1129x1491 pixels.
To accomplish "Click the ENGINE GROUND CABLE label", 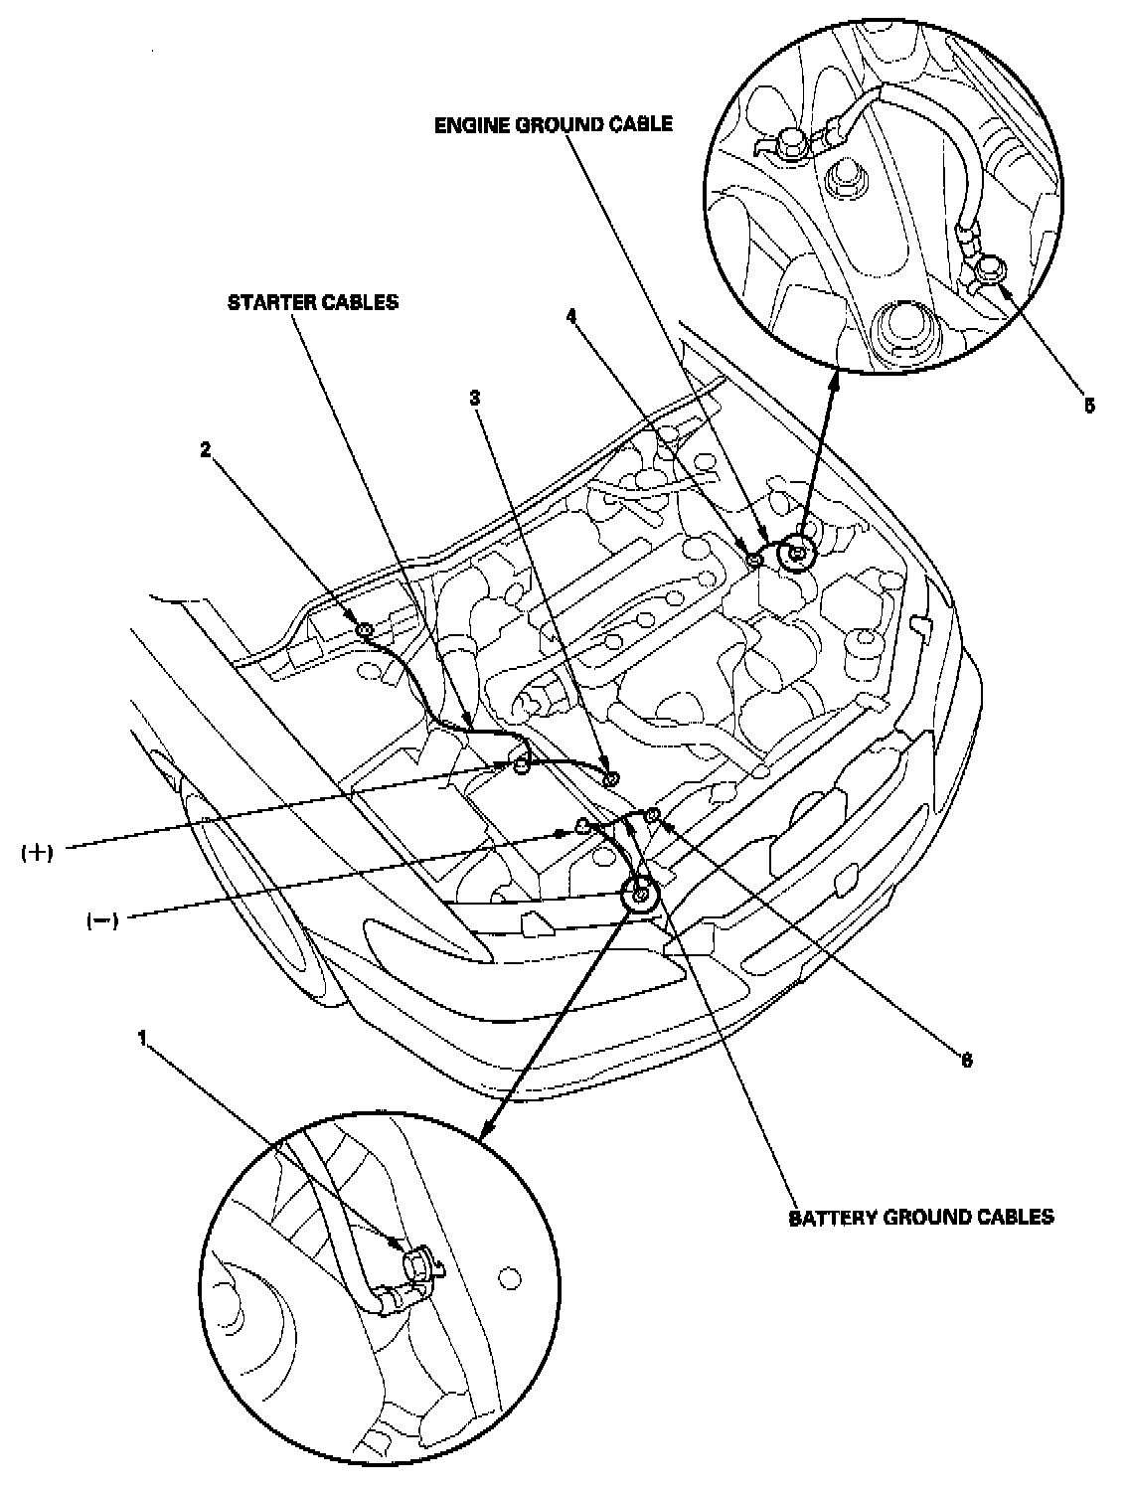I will click(554, 125).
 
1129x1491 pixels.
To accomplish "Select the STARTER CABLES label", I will click(313, 302).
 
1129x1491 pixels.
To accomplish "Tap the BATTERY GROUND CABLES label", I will click(921, 1217).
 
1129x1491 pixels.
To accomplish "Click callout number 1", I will click(143, 1038).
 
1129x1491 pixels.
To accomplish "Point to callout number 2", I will click(206, 450).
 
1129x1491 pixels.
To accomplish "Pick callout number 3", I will click(475, 398).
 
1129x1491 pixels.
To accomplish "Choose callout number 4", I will click(571, 315).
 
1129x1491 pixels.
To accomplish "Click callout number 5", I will click(1088, 406).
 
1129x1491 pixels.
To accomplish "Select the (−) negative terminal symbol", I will click(101, 920).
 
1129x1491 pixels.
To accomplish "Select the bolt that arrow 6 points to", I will click(653, 816).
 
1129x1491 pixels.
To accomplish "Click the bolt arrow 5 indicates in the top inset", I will click(990, 268).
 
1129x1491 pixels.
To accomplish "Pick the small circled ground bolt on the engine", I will click(797, 553).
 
